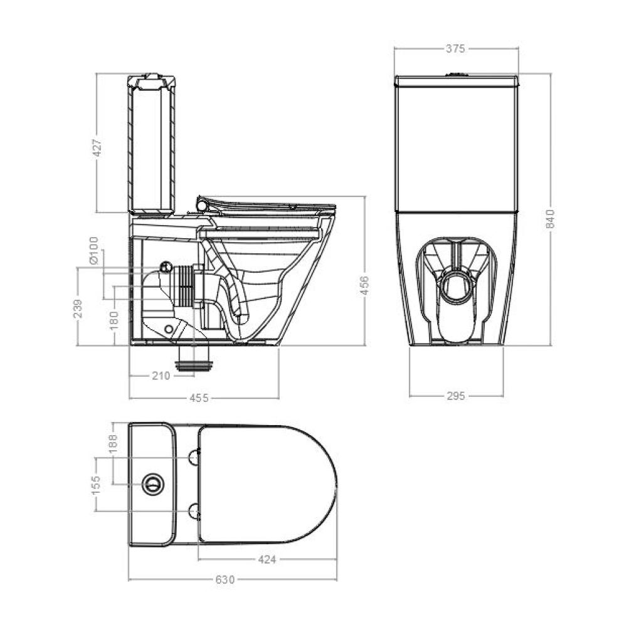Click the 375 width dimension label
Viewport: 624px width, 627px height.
coord(455,48)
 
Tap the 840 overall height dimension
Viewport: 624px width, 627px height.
coord(551,218)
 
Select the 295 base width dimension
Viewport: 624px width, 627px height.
coord(455,396)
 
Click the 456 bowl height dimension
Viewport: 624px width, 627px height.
coord(364,285)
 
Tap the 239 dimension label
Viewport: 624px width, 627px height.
coord(78,308)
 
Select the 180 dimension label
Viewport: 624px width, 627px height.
coord(114,320)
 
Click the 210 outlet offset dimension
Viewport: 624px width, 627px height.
coord(161,376)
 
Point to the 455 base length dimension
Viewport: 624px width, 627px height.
coord(199,398)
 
